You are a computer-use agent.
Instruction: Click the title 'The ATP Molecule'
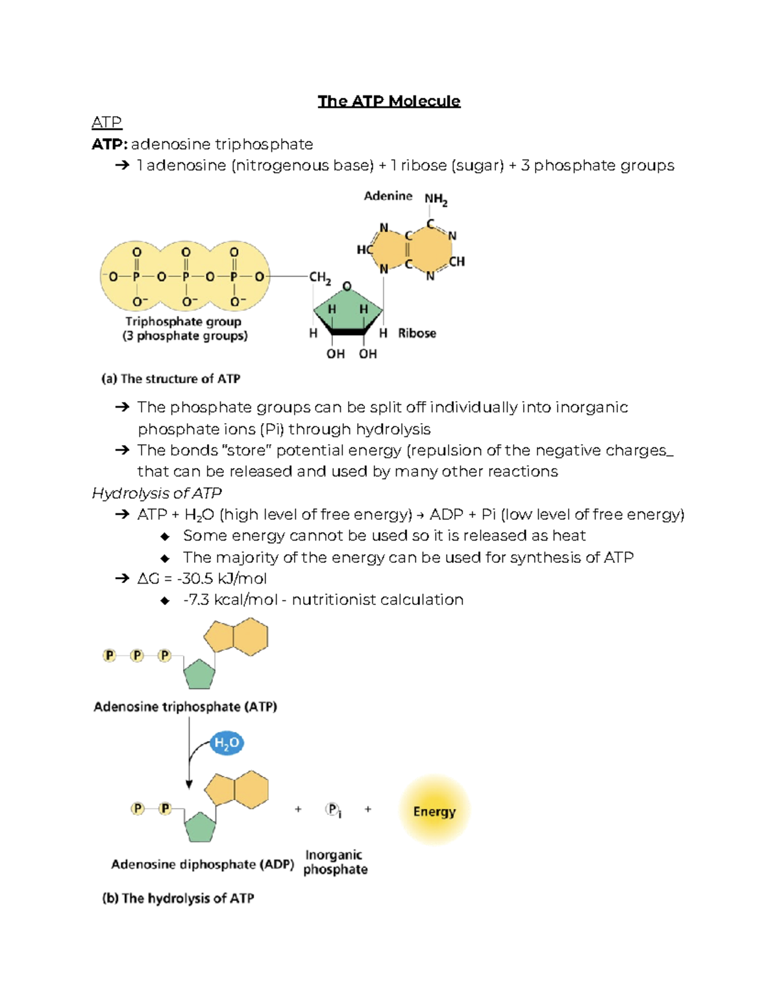[389, 101]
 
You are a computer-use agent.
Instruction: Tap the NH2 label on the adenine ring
[436, 199]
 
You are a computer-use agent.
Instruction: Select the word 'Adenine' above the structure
[388, 196]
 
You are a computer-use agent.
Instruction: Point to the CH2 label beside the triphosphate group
[320, 278]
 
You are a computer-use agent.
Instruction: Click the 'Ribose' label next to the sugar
[417, 333]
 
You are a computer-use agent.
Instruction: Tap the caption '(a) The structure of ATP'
[171, 379]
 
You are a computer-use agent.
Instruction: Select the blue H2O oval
[227, 743]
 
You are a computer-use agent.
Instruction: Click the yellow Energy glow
[434, 811]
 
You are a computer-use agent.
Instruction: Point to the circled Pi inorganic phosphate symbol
[332, 809]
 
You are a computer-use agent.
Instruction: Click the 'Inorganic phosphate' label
[335, 862]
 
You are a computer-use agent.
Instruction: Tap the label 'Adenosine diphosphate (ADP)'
[202, 865]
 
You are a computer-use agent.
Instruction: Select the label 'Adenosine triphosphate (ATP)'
[185, 707]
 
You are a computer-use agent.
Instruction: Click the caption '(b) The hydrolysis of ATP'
[178, 898]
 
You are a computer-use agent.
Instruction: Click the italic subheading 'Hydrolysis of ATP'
[157, 493]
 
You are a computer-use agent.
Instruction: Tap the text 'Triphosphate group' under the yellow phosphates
[183, 321]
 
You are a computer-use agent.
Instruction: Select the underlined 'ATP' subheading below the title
[106, 122]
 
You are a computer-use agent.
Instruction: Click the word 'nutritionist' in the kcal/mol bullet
[333, 600]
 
